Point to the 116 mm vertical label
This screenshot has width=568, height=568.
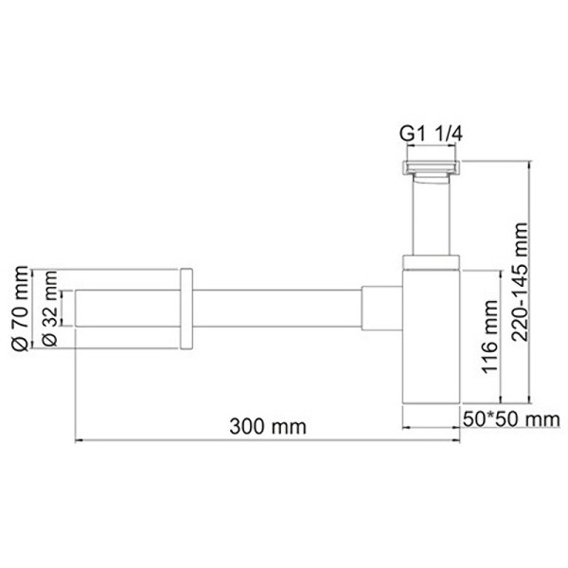coord(489,336)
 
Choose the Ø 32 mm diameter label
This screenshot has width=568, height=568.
coord(51,311)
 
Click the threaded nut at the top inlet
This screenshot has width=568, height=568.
coord(430,170)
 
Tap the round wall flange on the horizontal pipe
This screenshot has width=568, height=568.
coord(186,310)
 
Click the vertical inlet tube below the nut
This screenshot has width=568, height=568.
coord(430,218)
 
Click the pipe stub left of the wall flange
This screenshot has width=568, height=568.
coord(128,310)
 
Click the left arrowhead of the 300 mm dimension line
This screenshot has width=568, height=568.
coord(80,440)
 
